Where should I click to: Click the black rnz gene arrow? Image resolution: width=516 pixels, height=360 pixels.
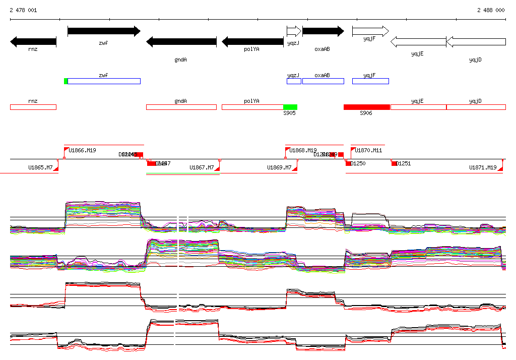click(x=33, y=41)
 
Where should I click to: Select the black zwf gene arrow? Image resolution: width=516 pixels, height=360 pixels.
click(x=104, y=31)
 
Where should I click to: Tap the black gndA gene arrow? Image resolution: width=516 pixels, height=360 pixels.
click(x=181, y=42)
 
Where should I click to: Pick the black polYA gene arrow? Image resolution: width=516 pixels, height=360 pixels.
click(x=252, y=42)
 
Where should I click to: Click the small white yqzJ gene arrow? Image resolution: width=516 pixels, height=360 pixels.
click(x=294, y=31)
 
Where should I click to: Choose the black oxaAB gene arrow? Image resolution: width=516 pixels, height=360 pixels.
click(x=323, y=31)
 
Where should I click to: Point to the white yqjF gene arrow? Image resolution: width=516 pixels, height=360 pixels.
click(x=370, y=31)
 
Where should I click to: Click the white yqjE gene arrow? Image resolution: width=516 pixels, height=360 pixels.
click(x=418, y=42)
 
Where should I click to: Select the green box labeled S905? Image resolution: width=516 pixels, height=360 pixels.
click(x=290, y=107)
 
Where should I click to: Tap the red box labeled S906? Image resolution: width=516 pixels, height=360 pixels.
click(x=367, y=107)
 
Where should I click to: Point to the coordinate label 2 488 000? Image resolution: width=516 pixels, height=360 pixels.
click(x=491, y=10)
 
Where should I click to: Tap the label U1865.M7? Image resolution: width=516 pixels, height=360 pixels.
click(x=40, y=167)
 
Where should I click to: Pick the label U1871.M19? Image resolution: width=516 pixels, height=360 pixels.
click(x=483, y=167)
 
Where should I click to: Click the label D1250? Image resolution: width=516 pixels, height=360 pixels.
click(x=358, y=164)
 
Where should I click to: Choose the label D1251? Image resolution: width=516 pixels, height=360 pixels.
click(x=404, y=164)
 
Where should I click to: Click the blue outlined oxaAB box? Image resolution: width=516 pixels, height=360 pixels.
click(x=323, y=81)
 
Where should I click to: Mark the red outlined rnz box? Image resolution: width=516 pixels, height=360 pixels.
click(x=33, y=107)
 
